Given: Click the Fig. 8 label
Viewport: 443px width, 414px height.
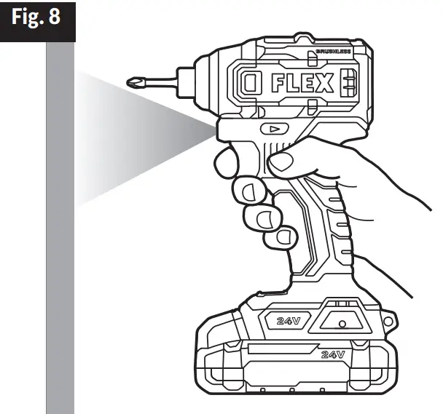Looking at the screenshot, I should [x=37, y=17].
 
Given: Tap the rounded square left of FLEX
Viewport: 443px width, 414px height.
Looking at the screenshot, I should [x=251, y=85].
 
